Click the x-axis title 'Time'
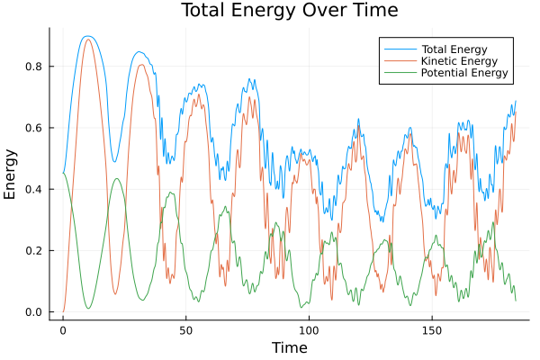[x=289, y=347]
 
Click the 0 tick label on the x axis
[x=63, y=329]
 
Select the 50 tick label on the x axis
[x=185, y=329]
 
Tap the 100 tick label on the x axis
[x=309, y=329]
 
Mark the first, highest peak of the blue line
[x=86, y=37]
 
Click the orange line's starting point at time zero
[x=63, y=311]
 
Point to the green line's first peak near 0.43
[x=116, y=178]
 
